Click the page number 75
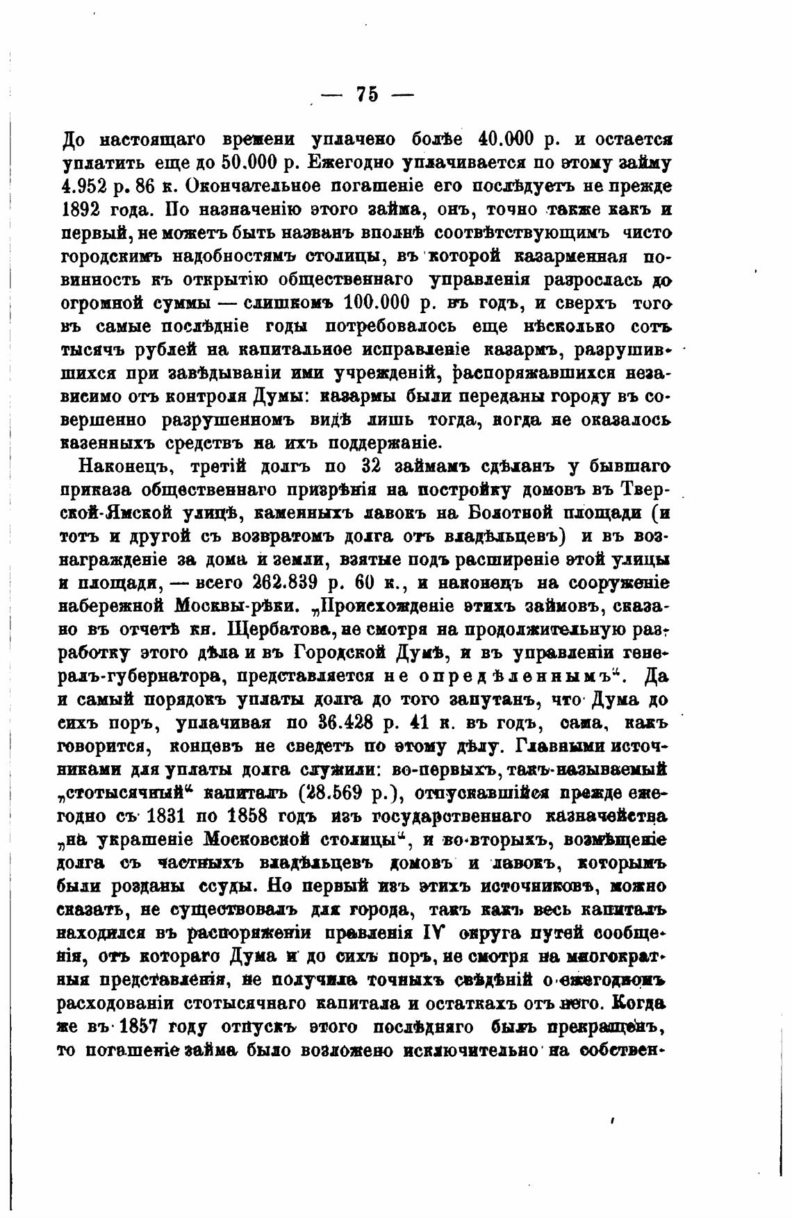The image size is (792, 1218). pyautogui.click(x=366, y=94)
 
